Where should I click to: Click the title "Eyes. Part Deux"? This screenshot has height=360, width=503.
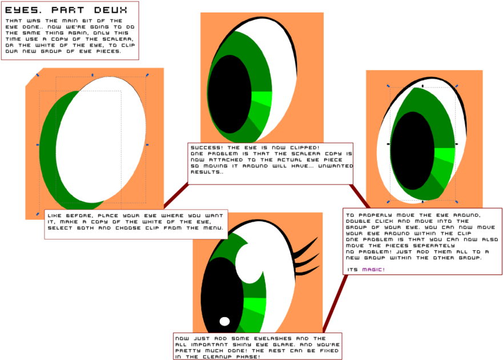click(x=66, y=10)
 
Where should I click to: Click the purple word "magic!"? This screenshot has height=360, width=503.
click(x=373, y=270)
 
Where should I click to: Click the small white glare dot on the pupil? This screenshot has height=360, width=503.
click(x=224, y=321)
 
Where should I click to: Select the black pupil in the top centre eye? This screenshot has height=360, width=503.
click(x=230, y=94)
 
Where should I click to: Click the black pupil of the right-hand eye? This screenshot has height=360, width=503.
click(x=413, y=151)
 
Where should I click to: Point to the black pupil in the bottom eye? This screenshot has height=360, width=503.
click(x=222, y=296)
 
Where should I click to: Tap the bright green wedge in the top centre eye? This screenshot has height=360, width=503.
click(x=263, y=98)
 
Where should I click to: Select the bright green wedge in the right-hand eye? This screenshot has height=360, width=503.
click(x=445, y=155)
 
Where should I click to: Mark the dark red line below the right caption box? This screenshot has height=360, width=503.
click(x=335, y=303)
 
